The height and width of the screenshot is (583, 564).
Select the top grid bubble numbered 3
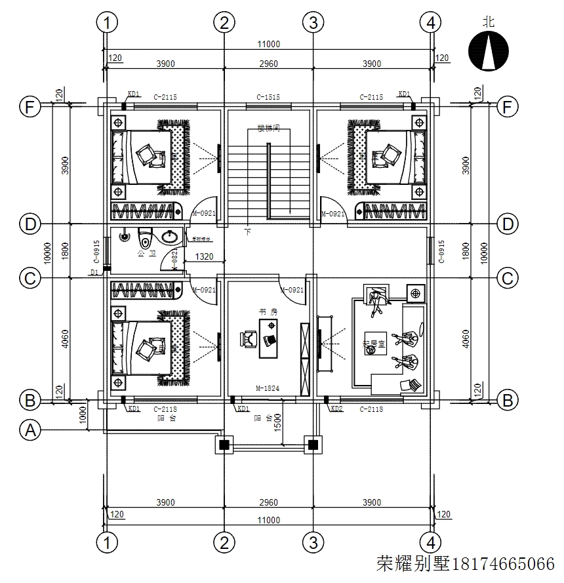tap(313, 23)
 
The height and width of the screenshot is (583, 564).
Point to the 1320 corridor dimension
tap(204, 258)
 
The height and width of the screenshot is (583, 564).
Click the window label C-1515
tap(268, 98)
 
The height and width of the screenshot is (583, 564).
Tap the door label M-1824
tap(268, 389)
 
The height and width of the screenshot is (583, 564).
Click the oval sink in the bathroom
tap(172, 235)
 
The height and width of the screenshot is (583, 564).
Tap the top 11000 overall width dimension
tap(269, 45)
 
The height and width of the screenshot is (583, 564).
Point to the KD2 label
tap(336, 409)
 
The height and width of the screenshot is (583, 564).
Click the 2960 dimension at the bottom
tap(268, 503)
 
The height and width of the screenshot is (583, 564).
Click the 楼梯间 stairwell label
tap(269, 129)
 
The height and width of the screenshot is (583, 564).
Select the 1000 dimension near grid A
tap(83, 414)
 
